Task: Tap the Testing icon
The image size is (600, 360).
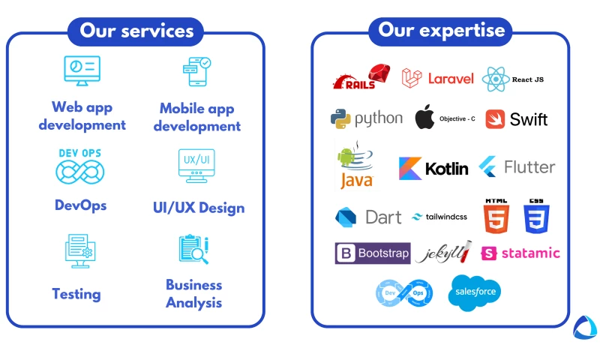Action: (78, 250)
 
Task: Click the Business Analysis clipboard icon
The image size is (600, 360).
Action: (193, 249)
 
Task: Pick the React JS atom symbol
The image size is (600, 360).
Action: (496, 79)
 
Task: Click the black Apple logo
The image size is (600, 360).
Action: (424, 118)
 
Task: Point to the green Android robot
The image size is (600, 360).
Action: (346, 157)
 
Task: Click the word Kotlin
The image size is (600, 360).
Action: (446, 169)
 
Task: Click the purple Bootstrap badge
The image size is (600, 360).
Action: (373, 253)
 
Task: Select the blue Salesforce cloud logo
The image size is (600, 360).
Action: (475, 292)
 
